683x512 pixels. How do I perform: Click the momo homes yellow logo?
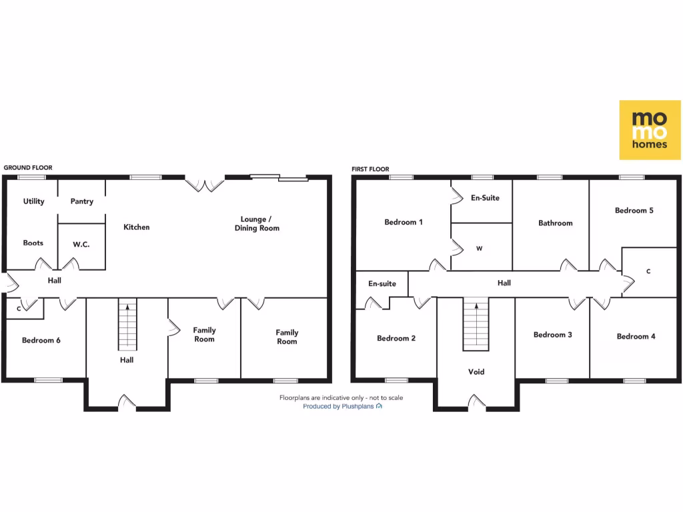(x=650, y=130)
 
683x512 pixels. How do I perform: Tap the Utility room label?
(x=33, y=201)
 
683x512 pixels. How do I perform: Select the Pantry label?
(x=81, y=201)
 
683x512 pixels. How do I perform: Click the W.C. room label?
(x=81, y=245)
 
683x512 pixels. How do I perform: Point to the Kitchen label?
(x=137, y=227)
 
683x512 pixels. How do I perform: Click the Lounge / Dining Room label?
(x=257, y=223)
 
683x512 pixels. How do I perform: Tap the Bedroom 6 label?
(x=41, y=341)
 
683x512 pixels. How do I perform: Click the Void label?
(x=476, y=372)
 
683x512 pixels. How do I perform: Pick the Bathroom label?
(x=555, y=223)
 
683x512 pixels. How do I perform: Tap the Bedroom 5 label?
(x=634, y=211)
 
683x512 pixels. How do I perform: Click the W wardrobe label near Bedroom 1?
(x=479, y=249)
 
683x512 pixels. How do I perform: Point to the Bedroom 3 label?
(x=552, y=335)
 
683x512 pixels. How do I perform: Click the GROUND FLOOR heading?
(x=28, y=168)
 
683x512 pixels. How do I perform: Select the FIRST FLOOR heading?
(x=370, y=169)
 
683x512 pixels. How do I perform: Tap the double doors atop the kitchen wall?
(x=205, y=185)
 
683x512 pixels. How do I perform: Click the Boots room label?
(x=33, y=243)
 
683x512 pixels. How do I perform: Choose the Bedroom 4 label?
(x=636, y=337)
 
